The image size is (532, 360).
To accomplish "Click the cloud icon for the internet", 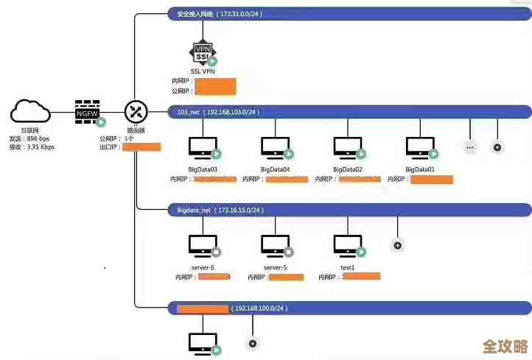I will [x=31, y=112].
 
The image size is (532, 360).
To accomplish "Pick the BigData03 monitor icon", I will [x=202, y=147].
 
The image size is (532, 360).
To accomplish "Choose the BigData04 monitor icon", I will [x=275, y=147].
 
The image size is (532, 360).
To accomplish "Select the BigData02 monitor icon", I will [x=348, y=147].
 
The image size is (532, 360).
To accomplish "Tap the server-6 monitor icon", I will [x=202, y=245].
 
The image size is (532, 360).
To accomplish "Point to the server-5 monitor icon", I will [x=275, y=245].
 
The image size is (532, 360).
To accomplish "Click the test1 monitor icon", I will [x=346, y=245].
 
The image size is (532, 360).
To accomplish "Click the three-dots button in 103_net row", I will [x=470, y=147].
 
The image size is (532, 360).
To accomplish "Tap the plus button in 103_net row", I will [x=497, y=147].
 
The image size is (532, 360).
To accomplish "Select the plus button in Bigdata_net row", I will [x=397, y=245].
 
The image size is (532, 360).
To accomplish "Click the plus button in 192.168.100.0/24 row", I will [x=253, y=343].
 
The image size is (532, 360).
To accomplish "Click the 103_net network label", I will [x=189, y=112].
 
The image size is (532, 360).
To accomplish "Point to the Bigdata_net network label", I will [x=194, y=210].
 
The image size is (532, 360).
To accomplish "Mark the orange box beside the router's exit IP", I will [x=141, y=147].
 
